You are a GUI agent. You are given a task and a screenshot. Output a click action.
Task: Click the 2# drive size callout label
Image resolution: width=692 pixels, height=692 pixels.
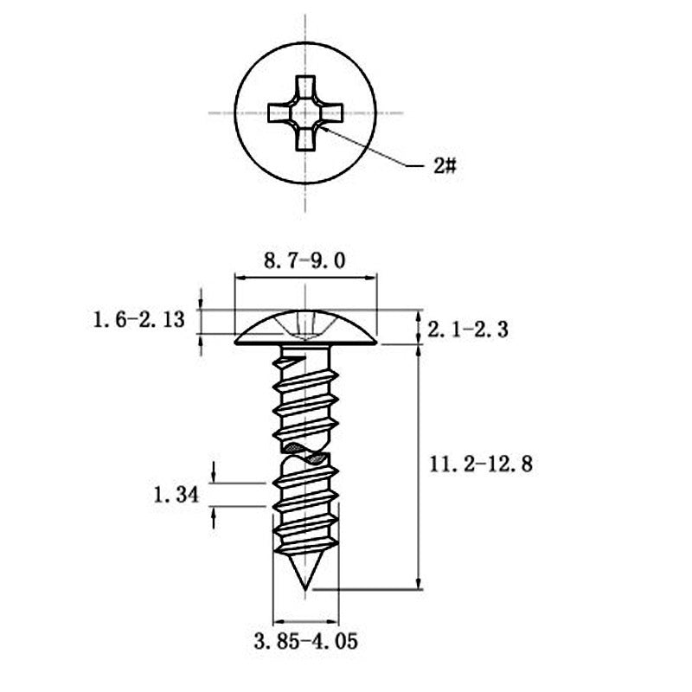pyautogui.click(x=445, y=166)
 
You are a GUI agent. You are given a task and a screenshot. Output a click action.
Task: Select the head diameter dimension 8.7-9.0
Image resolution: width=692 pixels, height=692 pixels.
pyautogui.click(x=304, y=261)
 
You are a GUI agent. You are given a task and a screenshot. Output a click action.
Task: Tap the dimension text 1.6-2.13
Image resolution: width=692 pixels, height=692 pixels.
pyautogui.click(x=138, y=319)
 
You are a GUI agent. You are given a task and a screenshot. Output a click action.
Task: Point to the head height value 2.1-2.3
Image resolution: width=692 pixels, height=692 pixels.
pyautogui.click(x=467, y=330)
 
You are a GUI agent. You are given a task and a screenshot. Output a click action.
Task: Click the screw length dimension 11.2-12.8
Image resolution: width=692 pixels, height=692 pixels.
pyautogui.click(x=481, y=465)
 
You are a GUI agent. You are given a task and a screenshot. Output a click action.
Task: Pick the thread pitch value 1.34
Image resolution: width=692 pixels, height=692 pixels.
pyautogui.click(x=176, y=495)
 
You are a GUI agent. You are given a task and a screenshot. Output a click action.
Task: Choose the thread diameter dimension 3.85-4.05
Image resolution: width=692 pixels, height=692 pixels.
pyautogui.click(x=306, y=641)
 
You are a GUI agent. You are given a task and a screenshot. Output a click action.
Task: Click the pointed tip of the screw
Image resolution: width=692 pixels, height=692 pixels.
pyautogui.click(x=305, y=589)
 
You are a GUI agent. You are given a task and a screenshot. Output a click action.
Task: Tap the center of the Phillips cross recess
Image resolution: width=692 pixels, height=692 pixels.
pyautogui.click(x=305, y=113)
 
